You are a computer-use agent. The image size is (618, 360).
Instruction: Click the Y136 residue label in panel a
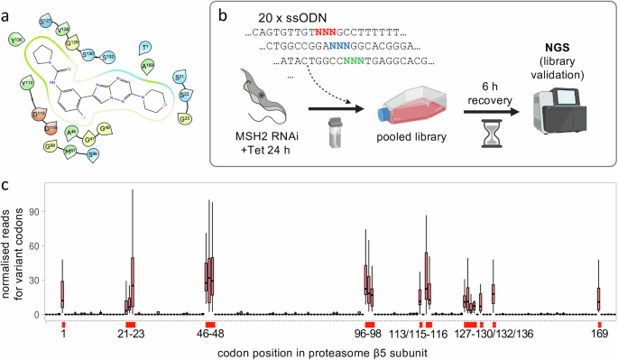tap(16, 40)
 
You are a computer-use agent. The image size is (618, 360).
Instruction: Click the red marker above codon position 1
tap(63, 323)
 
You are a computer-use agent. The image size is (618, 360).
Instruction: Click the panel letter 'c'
tap(6, 185)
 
